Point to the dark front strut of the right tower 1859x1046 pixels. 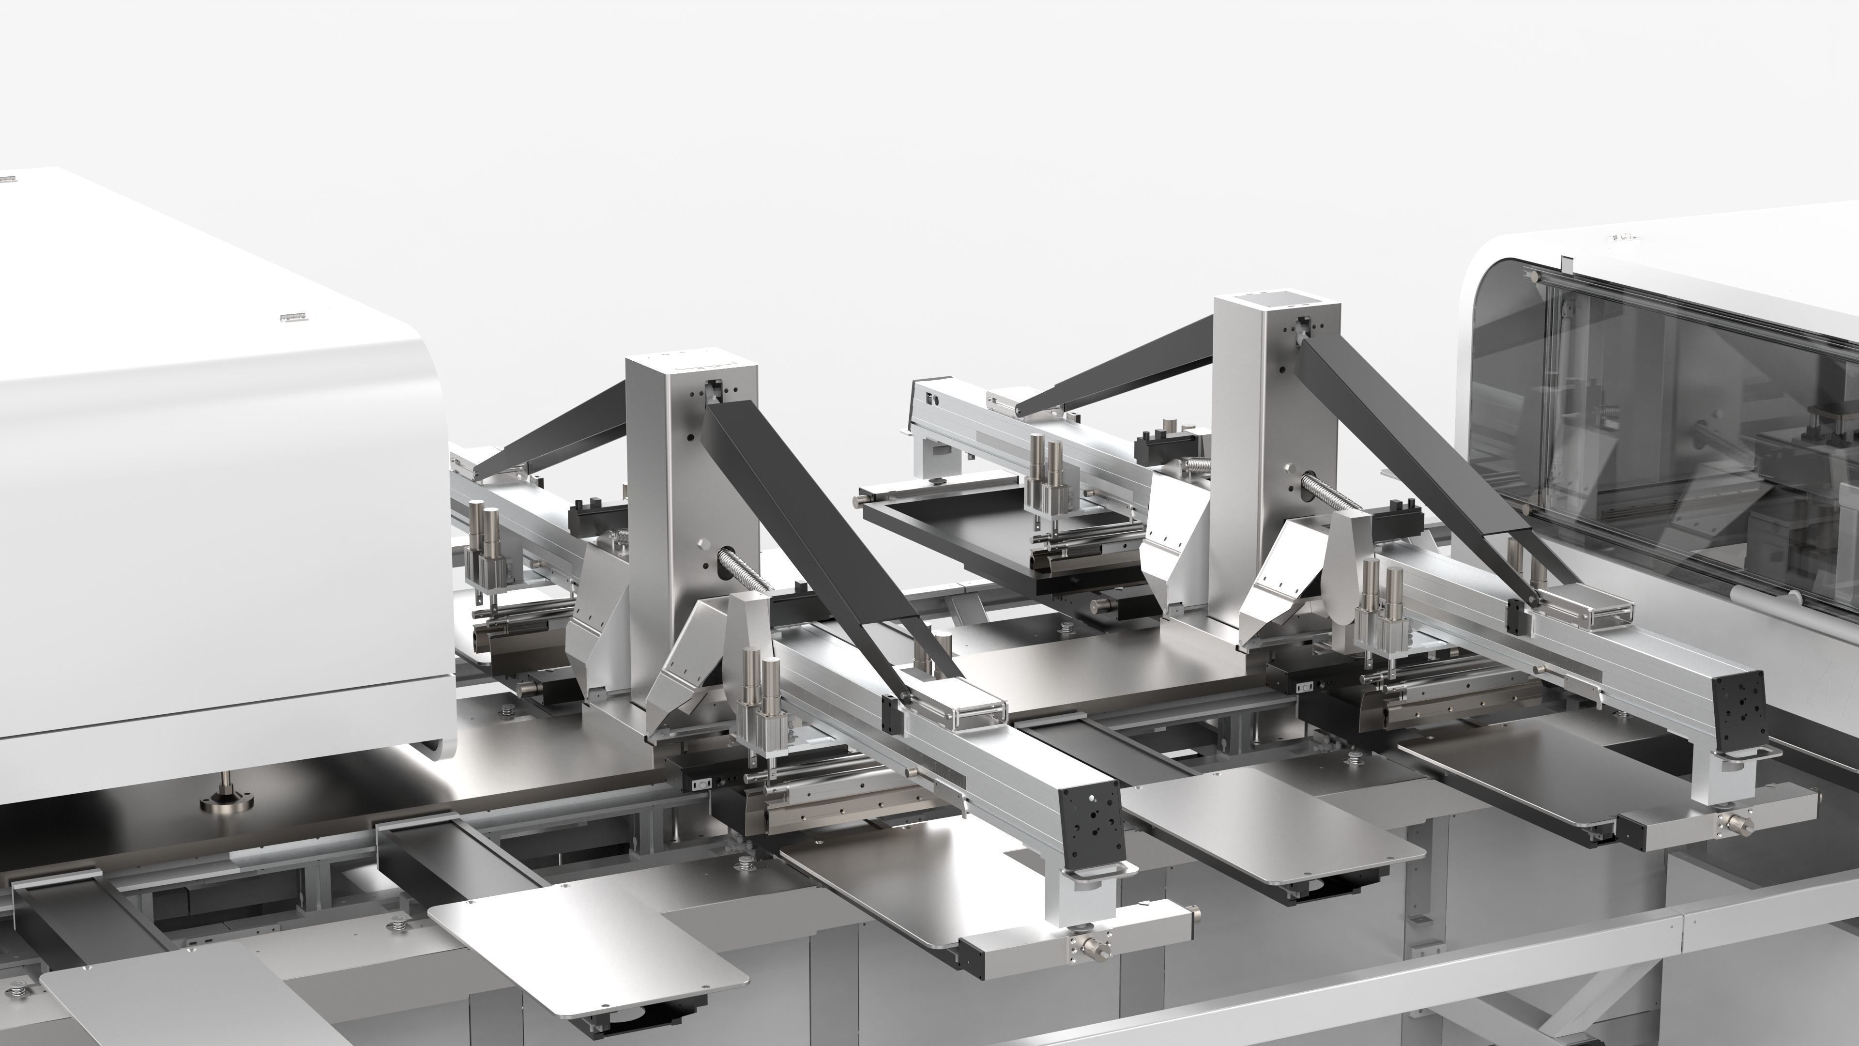(x=1415, y=462)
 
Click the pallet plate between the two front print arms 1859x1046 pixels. (x=1270, y=823)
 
